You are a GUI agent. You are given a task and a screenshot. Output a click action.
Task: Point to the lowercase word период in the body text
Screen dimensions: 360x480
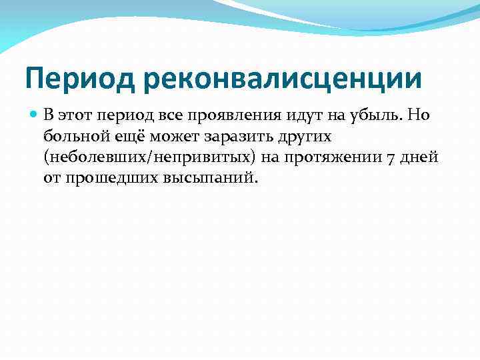pos(130,116)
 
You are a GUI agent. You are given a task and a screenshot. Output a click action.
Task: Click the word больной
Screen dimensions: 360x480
pos(73,137)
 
